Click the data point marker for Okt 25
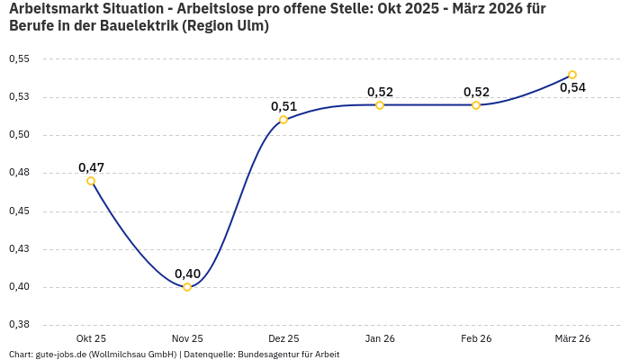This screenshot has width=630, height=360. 91,181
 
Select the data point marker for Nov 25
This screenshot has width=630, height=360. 187,287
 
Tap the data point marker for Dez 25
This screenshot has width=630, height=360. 283,120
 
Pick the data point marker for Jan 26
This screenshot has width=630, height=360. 380,105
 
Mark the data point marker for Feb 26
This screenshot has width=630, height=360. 476,105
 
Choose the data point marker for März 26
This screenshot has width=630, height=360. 572,75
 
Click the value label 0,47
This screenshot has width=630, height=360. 91,167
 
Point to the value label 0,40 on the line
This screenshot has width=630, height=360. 187,274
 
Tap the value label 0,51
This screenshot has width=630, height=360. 283,106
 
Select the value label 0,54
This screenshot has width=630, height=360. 572,88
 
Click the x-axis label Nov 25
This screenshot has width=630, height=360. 187,338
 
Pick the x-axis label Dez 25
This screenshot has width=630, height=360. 283,338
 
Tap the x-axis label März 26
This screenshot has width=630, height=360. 572,338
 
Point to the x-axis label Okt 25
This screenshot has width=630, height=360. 91,338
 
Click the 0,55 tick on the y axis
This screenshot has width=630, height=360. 19,59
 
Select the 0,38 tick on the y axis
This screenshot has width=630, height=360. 19,325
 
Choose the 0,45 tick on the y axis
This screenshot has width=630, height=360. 19,211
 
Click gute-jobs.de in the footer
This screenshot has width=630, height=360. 61,355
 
